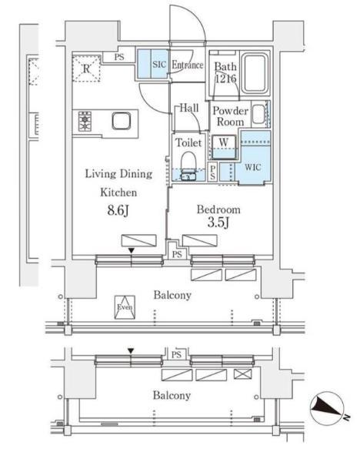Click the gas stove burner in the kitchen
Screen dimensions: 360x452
(x=85, y=122)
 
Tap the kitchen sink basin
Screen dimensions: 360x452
(x=122, y=121)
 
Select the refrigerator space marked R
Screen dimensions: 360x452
(x=86, y=69)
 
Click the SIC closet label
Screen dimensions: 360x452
(x=159, y=64)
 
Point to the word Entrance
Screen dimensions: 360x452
(x=188, y=65)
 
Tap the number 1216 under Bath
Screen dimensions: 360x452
(x=226, y=79)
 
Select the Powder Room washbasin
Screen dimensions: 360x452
(x=258, y=114)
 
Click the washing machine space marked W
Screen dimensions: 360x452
(x=224, y=147)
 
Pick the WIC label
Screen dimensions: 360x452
(x=252, y=167)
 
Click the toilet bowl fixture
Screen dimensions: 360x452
(x=188, y=166)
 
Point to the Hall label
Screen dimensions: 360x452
(x=189, y=108)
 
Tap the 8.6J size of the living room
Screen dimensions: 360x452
(x=118, y=210)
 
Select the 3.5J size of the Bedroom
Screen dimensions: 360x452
(x=218, y=223)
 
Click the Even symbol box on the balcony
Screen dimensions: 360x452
(x=125, y=307)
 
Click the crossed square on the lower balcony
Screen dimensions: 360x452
(x=242, y=374)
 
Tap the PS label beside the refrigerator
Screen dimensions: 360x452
(x=119, y=57)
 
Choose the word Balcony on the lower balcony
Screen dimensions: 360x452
(x=172, y=396)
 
